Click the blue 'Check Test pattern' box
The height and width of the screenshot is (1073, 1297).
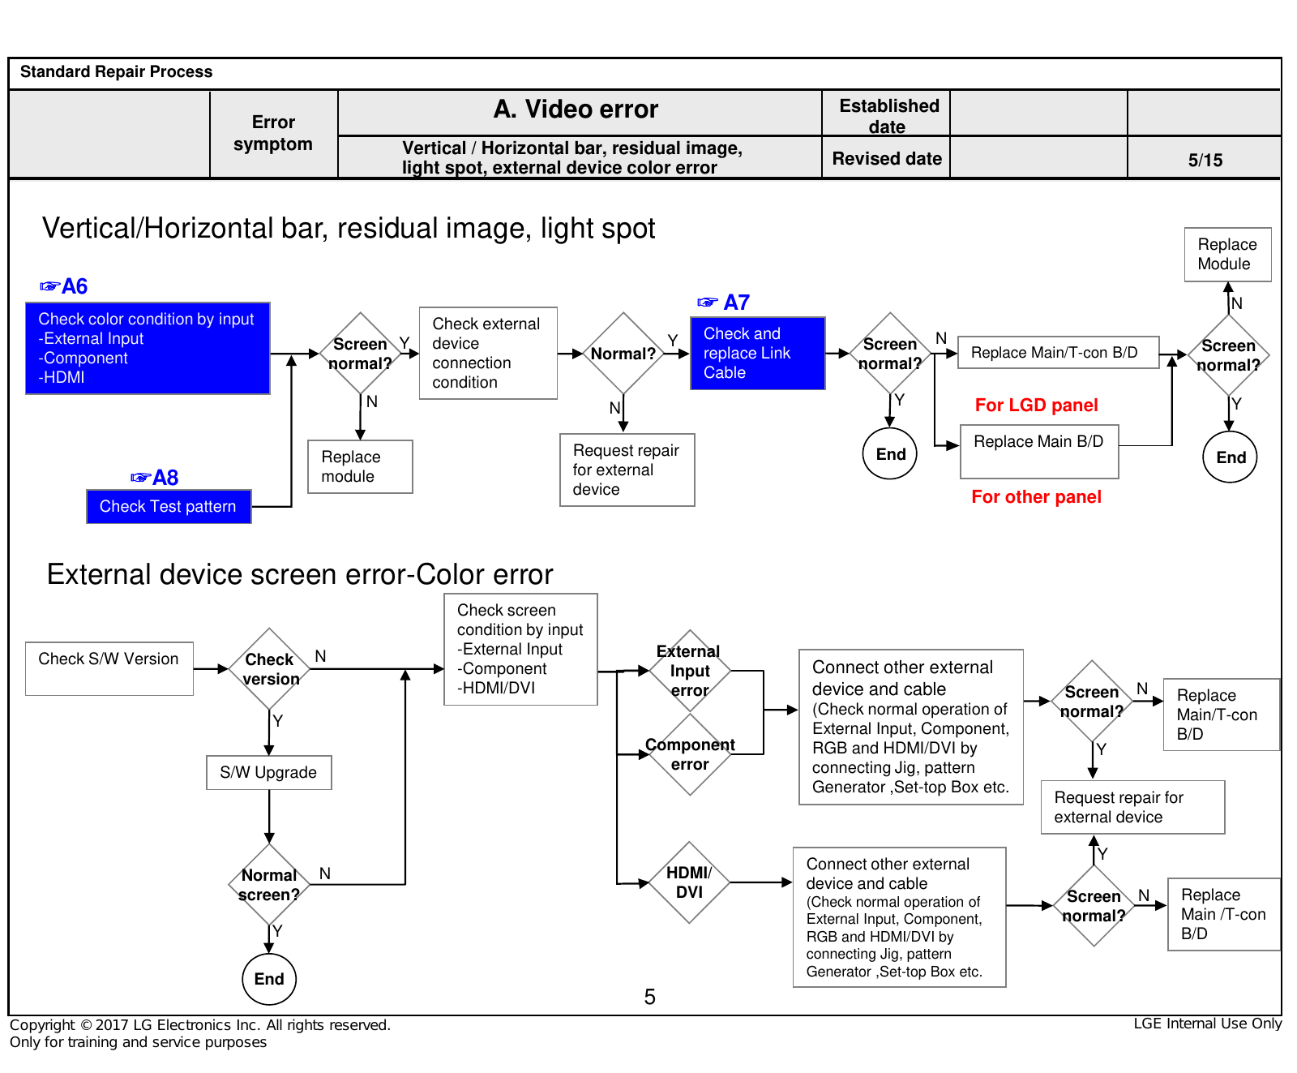click(169, 506)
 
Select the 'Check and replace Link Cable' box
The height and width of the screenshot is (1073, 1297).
click(758, 353)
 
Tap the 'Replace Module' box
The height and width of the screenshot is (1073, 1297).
click(1227, 255)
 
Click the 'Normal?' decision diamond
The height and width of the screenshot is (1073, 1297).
click(623, 354)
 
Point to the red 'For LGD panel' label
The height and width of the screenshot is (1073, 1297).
click(1036, 405)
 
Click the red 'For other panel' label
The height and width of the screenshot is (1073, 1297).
click(1036, 496)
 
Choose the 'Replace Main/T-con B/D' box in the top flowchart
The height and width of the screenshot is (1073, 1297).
click(1058, 353)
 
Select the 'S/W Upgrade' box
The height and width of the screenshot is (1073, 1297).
click(269, 772)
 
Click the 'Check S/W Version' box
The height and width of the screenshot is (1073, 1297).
click(109, 668)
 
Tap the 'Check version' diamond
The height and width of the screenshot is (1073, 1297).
click(270, 669)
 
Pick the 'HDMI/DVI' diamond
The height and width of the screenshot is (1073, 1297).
click(689, 882)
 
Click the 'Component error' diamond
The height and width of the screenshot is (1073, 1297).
click(690, 754)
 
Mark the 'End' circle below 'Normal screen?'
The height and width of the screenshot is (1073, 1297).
click(269, 979)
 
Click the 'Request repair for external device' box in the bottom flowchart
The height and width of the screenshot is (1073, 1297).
click(1132, 807)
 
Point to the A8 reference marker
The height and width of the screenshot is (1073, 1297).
click(154, 477)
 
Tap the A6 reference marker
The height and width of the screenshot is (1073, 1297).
click(63, 285)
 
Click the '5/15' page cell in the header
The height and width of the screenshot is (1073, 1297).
click(1205, 160)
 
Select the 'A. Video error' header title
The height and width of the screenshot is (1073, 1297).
click(576, 109)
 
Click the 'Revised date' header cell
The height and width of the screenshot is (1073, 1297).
click(887, 158)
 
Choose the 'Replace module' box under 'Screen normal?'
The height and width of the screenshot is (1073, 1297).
click(361, 466)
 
